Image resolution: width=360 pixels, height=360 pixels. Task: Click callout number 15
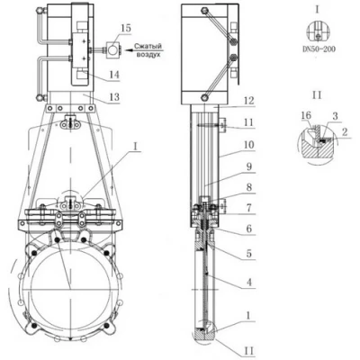pyautogui.click(x=126, y=29)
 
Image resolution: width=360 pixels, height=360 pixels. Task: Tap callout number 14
pyautogui.click(x=114, y=75)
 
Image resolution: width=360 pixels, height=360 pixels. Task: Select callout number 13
pyautogui.click(x=114, y=97)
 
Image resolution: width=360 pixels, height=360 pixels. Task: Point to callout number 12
pyautogui.click(x=248, y=101)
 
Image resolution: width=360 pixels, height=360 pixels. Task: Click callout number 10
pyautogui.click(x=248, y=145)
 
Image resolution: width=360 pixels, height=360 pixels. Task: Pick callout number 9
pyautogui.click(x=248, y=166)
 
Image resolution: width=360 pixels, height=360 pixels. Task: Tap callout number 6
pyautogui.click(x=248, y=229)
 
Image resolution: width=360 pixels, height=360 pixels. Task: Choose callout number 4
pyautogui.click(x=248, y=282)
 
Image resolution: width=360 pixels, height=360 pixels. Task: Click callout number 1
pyautogui.click(x=248, y=315)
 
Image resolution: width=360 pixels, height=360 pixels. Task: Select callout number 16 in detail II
pyautogui.click(x=306, y=115)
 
